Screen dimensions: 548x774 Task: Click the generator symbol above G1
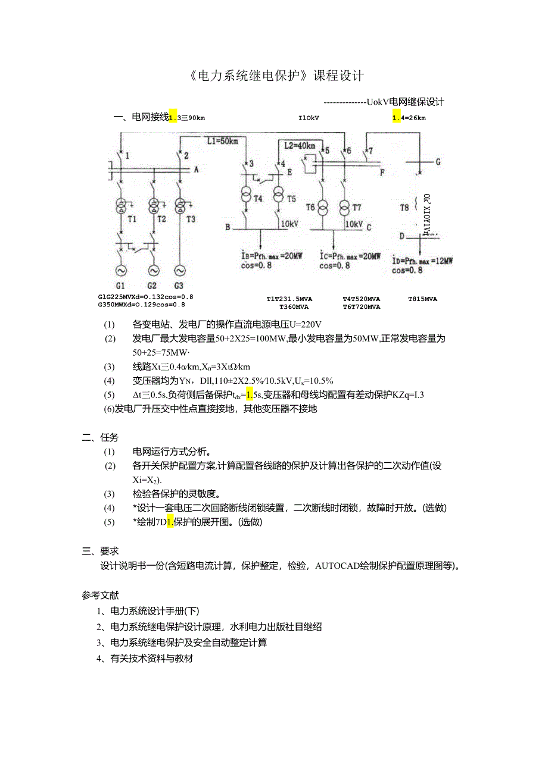[x=121, y=271]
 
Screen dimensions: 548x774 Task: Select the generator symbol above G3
[x=179, y=271]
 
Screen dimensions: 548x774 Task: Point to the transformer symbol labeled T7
[x=344, y=208]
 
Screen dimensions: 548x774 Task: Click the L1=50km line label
[x=222, y=142]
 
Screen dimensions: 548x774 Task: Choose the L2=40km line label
[x=300, y=145]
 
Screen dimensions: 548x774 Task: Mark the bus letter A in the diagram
[x=197, y=170]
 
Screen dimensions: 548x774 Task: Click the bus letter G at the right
[x=438, y=161]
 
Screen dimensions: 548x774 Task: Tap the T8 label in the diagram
[x=404, y=208]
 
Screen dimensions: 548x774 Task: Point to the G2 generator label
[x=152, y=286]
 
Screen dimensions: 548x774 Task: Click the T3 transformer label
[x=191, y=219]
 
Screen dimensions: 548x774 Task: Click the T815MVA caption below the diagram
[x=422, y=299]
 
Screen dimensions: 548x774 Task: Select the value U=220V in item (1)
[x=305, y=324]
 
